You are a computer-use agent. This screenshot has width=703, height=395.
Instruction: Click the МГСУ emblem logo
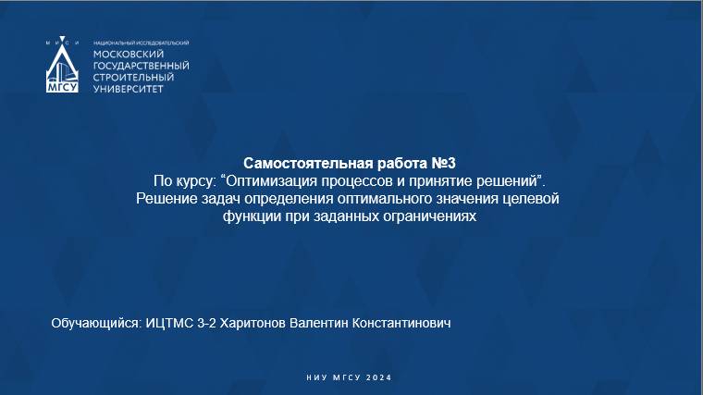click(x=63, y=68)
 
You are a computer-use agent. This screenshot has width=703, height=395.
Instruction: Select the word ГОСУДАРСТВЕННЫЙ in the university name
click(x=142, y=66)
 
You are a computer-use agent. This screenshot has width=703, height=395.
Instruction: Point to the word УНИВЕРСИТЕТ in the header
click(x=128, y=89)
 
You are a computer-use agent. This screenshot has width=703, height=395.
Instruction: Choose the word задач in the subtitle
click(x=215, y=198)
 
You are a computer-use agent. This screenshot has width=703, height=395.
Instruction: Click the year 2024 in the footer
click(x=379, y=378)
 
